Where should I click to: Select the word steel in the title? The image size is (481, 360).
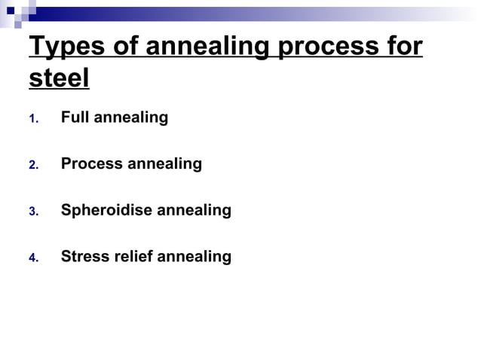tap(59, 78)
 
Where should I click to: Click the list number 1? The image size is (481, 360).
tap(32, 119)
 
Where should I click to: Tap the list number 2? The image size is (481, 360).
tap(32, 165)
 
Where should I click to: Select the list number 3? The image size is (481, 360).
tap(32, 212)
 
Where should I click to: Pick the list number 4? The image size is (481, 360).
tap(32, 258)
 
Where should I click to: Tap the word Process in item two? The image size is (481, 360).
tap(90, 163)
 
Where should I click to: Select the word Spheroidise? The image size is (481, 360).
tap(106, 210)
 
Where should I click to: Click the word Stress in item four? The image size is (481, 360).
tap(84, 256)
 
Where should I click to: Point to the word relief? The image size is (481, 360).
tap(133, 256)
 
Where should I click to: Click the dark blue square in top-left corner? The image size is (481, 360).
tap(10, 10)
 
